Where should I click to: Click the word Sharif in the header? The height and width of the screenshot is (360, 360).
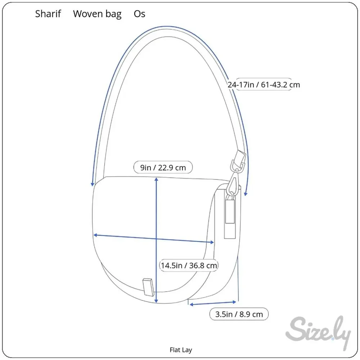pos(48,14)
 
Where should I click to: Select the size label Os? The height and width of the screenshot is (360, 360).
pos(140,14)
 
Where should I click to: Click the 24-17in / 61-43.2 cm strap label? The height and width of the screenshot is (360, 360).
pos(264,85)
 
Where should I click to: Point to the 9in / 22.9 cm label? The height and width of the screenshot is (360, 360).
pos(163,167)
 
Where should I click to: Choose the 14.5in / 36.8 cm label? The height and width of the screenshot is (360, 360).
pos(189,265)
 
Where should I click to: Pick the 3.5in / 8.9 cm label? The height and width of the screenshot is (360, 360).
pos(239,314)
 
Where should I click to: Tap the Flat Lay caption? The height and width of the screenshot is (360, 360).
pos(181,350)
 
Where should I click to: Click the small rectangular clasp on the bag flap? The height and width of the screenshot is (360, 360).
pos(148,287)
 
